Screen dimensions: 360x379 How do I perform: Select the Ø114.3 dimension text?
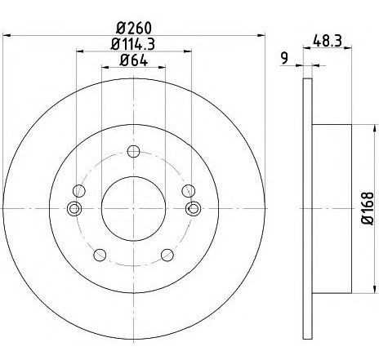pyautogui.click(x=134, y=43)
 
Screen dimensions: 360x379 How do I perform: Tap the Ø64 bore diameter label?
pyautogui.click(x=134, y=59)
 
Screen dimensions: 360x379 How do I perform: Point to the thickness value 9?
pyautogui.click(x=283, y=56)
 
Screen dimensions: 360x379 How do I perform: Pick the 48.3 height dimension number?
pyautogui.click(x=327, y=38)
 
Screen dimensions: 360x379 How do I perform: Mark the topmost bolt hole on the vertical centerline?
pyautogui.click(x=134, y=151)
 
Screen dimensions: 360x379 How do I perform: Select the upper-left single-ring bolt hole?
pyautogui.click(x=78, y=190)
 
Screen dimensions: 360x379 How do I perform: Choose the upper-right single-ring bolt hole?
pyautogui.click(x=189, y=190)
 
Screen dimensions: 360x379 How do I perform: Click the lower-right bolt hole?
pyautogui.click(x=167, y=253)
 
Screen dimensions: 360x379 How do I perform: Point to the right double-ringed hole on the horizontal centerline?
pyautogui.click(x=194, y=209)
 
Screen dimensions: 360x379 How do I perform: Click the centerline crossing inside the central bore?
pyautogui.click(x=134, y=209)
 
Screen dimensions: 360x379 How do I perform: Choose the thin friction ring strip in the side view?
pyautogui.click(x=307, y=208)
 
